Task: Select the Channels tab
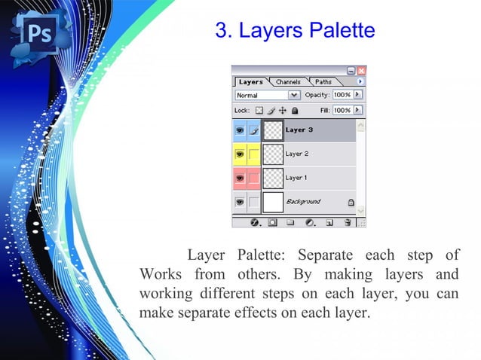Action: [x=288, y=81]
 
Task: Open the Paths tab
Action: [x=323, y=81]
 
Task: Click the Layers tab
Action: [x=251, y=81]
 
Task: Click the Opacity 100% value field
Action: [x=342, y=96]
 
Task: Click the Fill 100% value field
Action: [x=342, y=110]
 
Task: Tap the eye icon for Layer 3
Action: [x=240, y=130]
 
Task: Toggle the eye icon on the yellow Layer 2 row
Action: [x=240, y=154]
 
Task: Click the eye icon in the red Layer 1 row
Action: [x=240, y=178]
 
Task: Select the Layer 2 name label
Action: [x=296, y=154]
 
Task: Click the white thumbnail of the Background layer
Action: [x=273, y=202]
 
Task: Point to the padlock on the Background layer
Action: [x=351, y=202]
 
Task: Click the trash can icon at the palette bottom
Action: [x=348, y=223]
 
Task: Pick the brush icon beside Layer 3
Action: [x=254, y=130]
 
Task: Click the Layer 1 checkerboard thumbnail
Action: [x=273, y=178]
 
